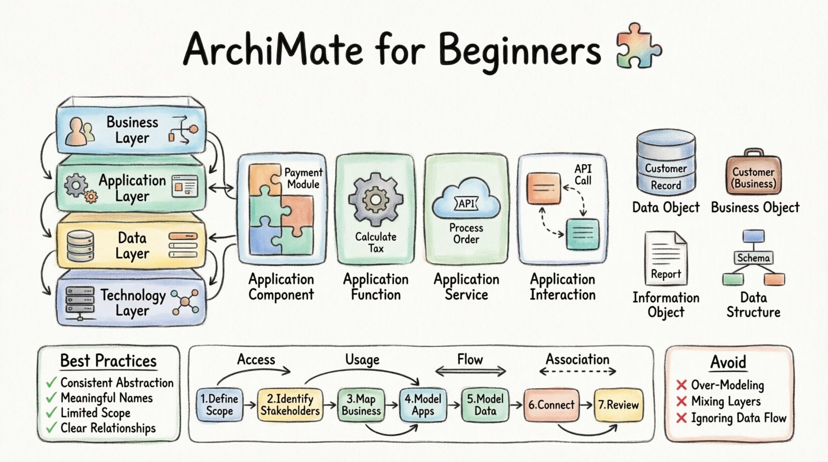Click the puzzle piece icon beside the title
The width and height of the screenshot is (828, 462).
pyautogui.click(x=639, y=46)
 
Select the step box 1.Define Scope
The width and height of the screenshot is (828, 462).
pyautogui.click(x=219, y=405)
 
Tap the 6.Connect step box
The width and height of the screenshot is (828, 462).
pyautogui.click(x=551, y=405)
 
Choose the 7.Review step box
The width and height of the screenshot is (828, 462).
pyautogui.click(x=619, y=405)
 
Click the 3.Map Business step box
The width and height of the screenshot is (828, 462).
pyautogui.click(x=361, y=405)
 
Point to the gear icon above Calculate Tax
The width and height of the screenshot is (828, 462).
pyautogui.click(x=375, y=200)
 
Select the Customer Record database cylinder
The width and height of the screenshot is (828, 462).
pyautogui.click(x=666, y=162)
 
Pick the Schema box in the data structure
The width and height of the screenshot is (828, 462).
pyautogui.click(x=753, y=258)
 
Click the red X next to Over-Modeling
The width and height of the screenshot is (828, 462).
pyautogui.click(x=682, y=385)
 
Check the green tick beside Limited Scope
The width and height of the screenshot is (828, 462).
pyautogui.click(x=51, y=413)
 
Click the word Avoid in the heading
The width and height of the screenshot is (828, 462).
pyautogui.click(x=728, y=362)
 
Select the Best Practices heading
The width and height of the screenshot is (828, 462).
pyautogui.click(x=108, y=361)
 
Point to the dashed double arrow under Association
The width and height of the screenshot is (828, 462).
pyautogui.click(x=578, y=371)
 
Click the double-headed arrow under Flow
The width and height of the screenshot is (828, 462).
pyautogui.click(x=470, y=371)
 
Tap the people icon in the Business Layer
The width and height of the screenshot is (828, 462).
pyautogui.click(x=80, y=131)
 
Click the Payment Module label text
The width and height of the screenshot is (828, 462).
pyautogui.click(x=303, y=178)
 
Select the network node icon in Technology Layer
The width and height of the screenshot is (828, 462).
pyautogui.click(x=185, y=302)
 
